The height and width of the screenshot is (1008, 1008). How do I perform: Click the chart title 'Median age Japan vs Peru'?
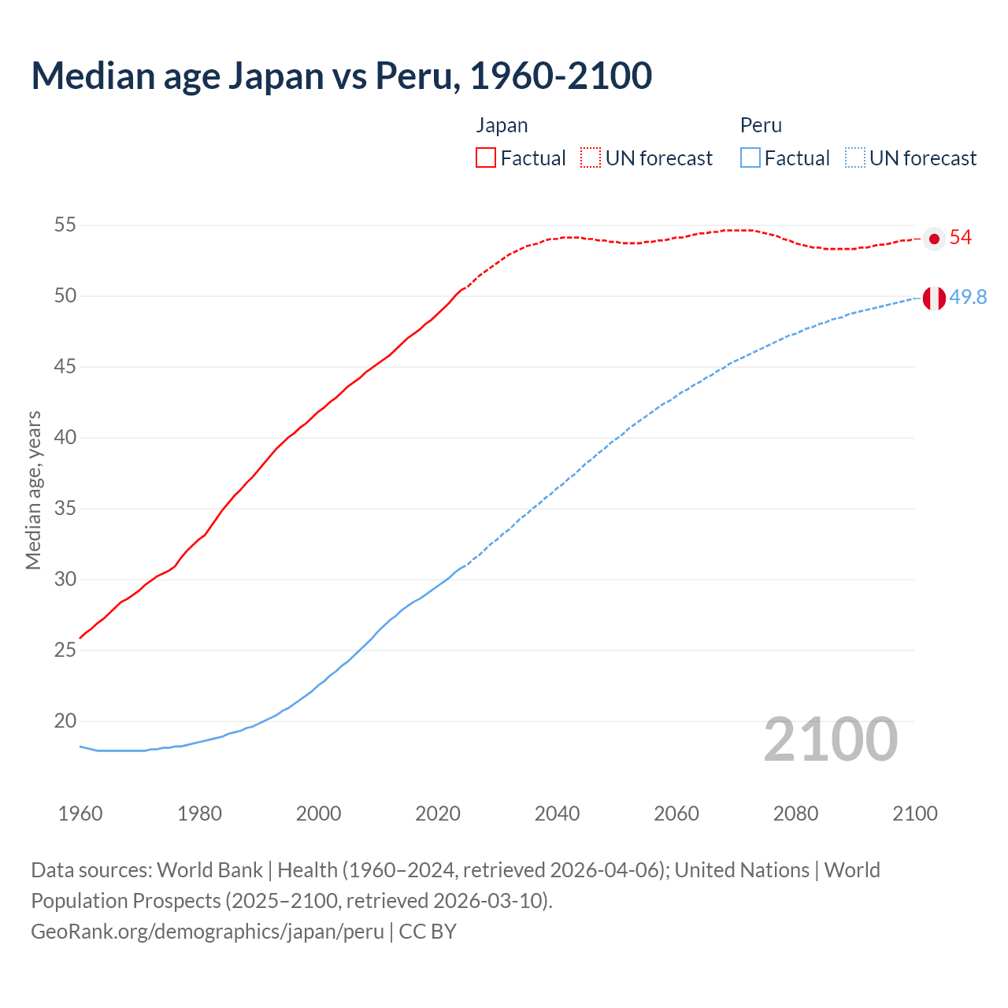coord(341,76)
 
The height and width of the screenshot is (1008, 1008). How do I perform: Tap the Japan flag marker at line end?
coord(934,239)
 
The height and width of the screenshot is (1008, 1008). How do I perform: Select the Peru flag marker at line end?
coord(934,298)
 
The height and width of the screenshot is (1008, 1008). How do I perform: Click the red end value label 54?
coord(960,238)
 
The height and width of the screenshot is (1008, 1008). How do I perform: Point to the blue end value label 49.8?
coord(968,298)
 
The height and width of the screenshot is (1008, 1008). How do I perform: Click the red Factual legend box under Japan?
coord(486,158)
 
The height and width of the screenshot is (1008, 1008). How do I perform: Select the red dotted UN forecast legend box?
coord(591,158)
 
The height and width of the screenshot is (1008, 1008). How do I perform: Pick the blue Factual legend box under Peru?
coord(750,158)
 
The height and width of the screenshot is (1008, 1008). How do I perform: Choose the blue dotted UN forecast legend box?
coord(854,158)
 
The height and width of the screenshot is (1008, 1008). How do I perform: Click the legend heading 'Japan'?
coord(502,125)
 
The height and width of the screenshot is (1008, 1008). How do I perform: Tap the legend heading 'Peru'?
coord(761,125)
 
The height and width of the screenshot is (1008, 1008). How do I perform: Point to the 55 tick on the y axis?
coord(65,225)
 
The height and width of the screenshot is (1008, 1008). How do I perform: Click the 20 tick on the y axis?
coord(65,721)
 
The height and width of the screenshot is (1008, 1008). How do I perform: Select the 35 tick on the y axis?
coord(65,509)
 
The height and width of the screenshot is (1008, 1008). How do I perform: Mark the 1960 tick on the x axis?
coord(80,813)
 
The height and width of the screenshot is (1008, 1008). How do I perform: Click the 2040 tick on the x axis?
coord(557,813)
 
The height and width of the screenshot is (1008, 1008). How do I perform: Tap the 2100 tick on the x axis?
coord(915,813)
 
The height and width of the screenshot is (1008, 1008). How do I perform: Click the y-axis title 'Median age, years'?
coord(33,490)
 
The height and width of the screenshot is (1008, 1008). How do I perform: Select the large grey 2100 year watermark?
coord(830,739)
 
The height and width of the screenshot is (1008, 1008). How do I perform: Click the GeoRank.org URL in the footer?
coord(207,932)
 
